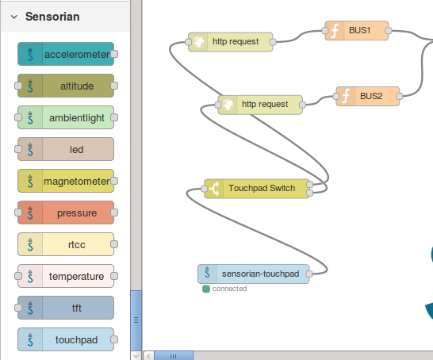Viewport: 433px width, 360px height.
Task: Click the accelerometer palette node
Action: point(66,54)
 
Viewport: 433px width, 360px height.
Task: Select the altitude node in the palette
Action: point(66,86)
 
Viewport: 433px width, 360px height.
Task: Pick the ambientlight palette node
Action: point(66,117)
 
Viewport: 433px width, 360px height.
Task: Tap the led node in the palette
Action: point(66,149)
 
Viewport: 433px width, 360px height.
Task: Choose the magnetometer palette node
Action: point(66,181)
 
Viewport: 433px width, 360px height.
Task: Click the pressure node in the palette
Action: point(66,213)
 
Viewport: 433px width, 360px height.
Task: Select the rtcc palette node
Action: point(66,244)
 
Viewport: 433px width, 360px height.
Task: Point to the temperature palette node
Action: point(66,276)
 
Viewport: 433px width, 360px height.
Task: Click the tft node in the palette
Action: point(66,308)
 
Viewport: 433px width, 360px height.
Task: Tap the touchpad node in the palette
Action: point(66,339)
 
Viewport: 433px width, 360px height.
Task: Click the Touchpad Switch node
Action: point(259,188)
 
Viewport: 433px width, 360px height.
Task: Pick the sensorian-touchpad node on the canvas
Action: point(254,274)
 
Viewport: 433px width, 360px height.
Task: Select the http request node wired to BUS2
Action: point(261,104)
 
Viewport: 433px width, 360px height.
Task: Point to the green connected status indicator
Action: point(206,289)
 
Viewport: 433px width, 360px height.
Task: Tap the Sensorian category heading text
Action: point(51,16)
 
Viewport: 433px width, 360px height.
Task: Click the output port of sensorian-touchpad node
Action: point(310,274)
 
